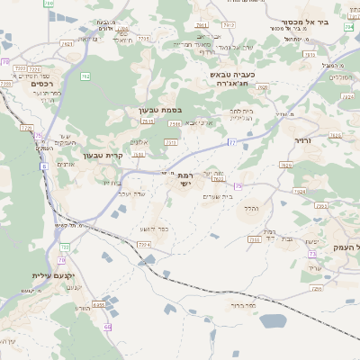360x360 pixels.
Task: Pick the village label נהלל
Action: (x=250, y=209)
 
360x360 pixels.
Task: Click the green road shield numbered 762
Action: (x=85, y=76)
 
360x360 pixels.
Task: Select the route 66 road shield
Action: (x=107, y=327)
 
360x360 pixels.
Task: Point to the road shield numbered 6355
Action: (x=98, y=306)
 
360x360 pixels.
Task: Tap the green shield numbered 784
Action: (x=348, y=27)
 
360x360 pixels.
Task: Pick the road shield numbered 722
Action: (x=65, y=245)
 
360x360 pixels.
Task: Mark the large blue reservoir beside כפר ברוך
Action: (x=272, y=320)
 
